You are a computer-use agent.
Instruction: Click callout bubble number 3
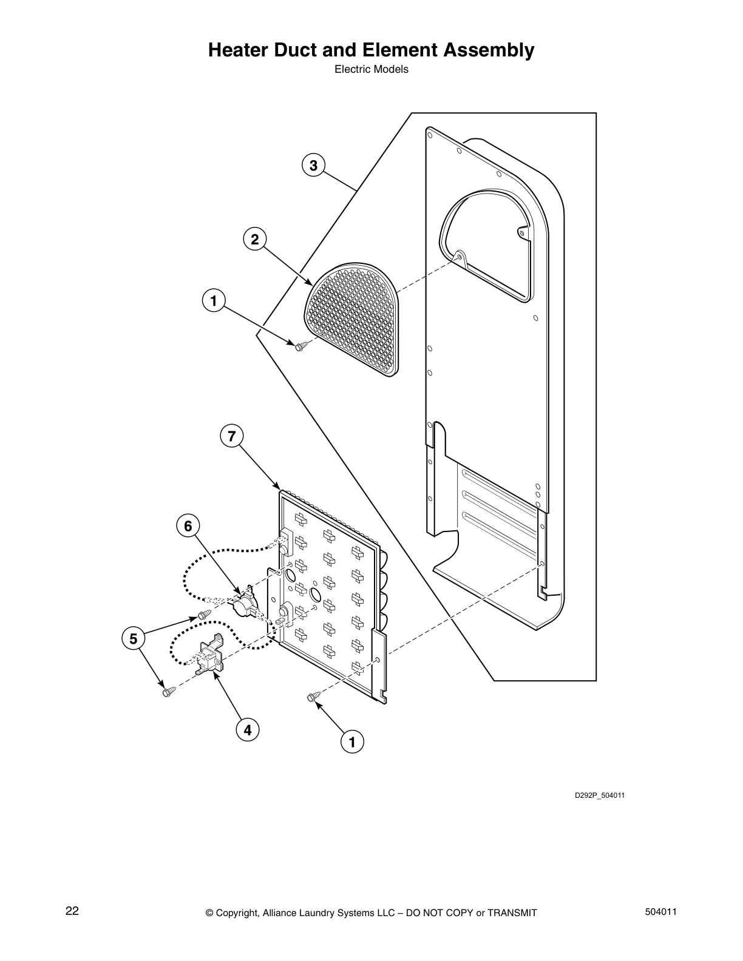click(x=313, y=166)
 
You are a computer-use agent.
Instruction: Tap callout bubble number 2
click(x=255, y=239)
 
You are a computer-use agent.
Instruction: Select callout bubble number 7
click(x=232, y=436)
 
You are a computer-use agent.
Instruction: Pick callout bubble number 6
click(x=188, y=526)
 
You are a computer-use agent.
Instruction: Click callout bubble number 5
click(x=133, y=639)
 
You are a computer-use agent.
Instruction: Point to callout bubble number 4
click(x=248, y=730)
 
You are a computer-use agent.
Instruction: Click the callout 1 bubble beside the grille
click(x=214, y=301)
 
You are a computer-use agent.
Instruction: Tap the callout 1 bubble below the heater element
click(x=352, y=741)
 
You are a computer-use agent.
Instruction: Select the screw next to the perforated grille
click(x=302, y=346)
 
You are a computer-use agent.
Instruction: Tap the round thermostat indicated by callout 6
click(x=243, y=603)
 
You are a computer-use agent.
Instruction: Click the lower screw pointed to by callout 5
click(x=169, y=691)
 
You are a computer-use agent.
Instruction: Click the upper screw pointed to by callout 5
click(x=205, y=614)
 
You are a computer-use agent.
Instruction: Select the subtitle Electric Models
click(x=371, y=69)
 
